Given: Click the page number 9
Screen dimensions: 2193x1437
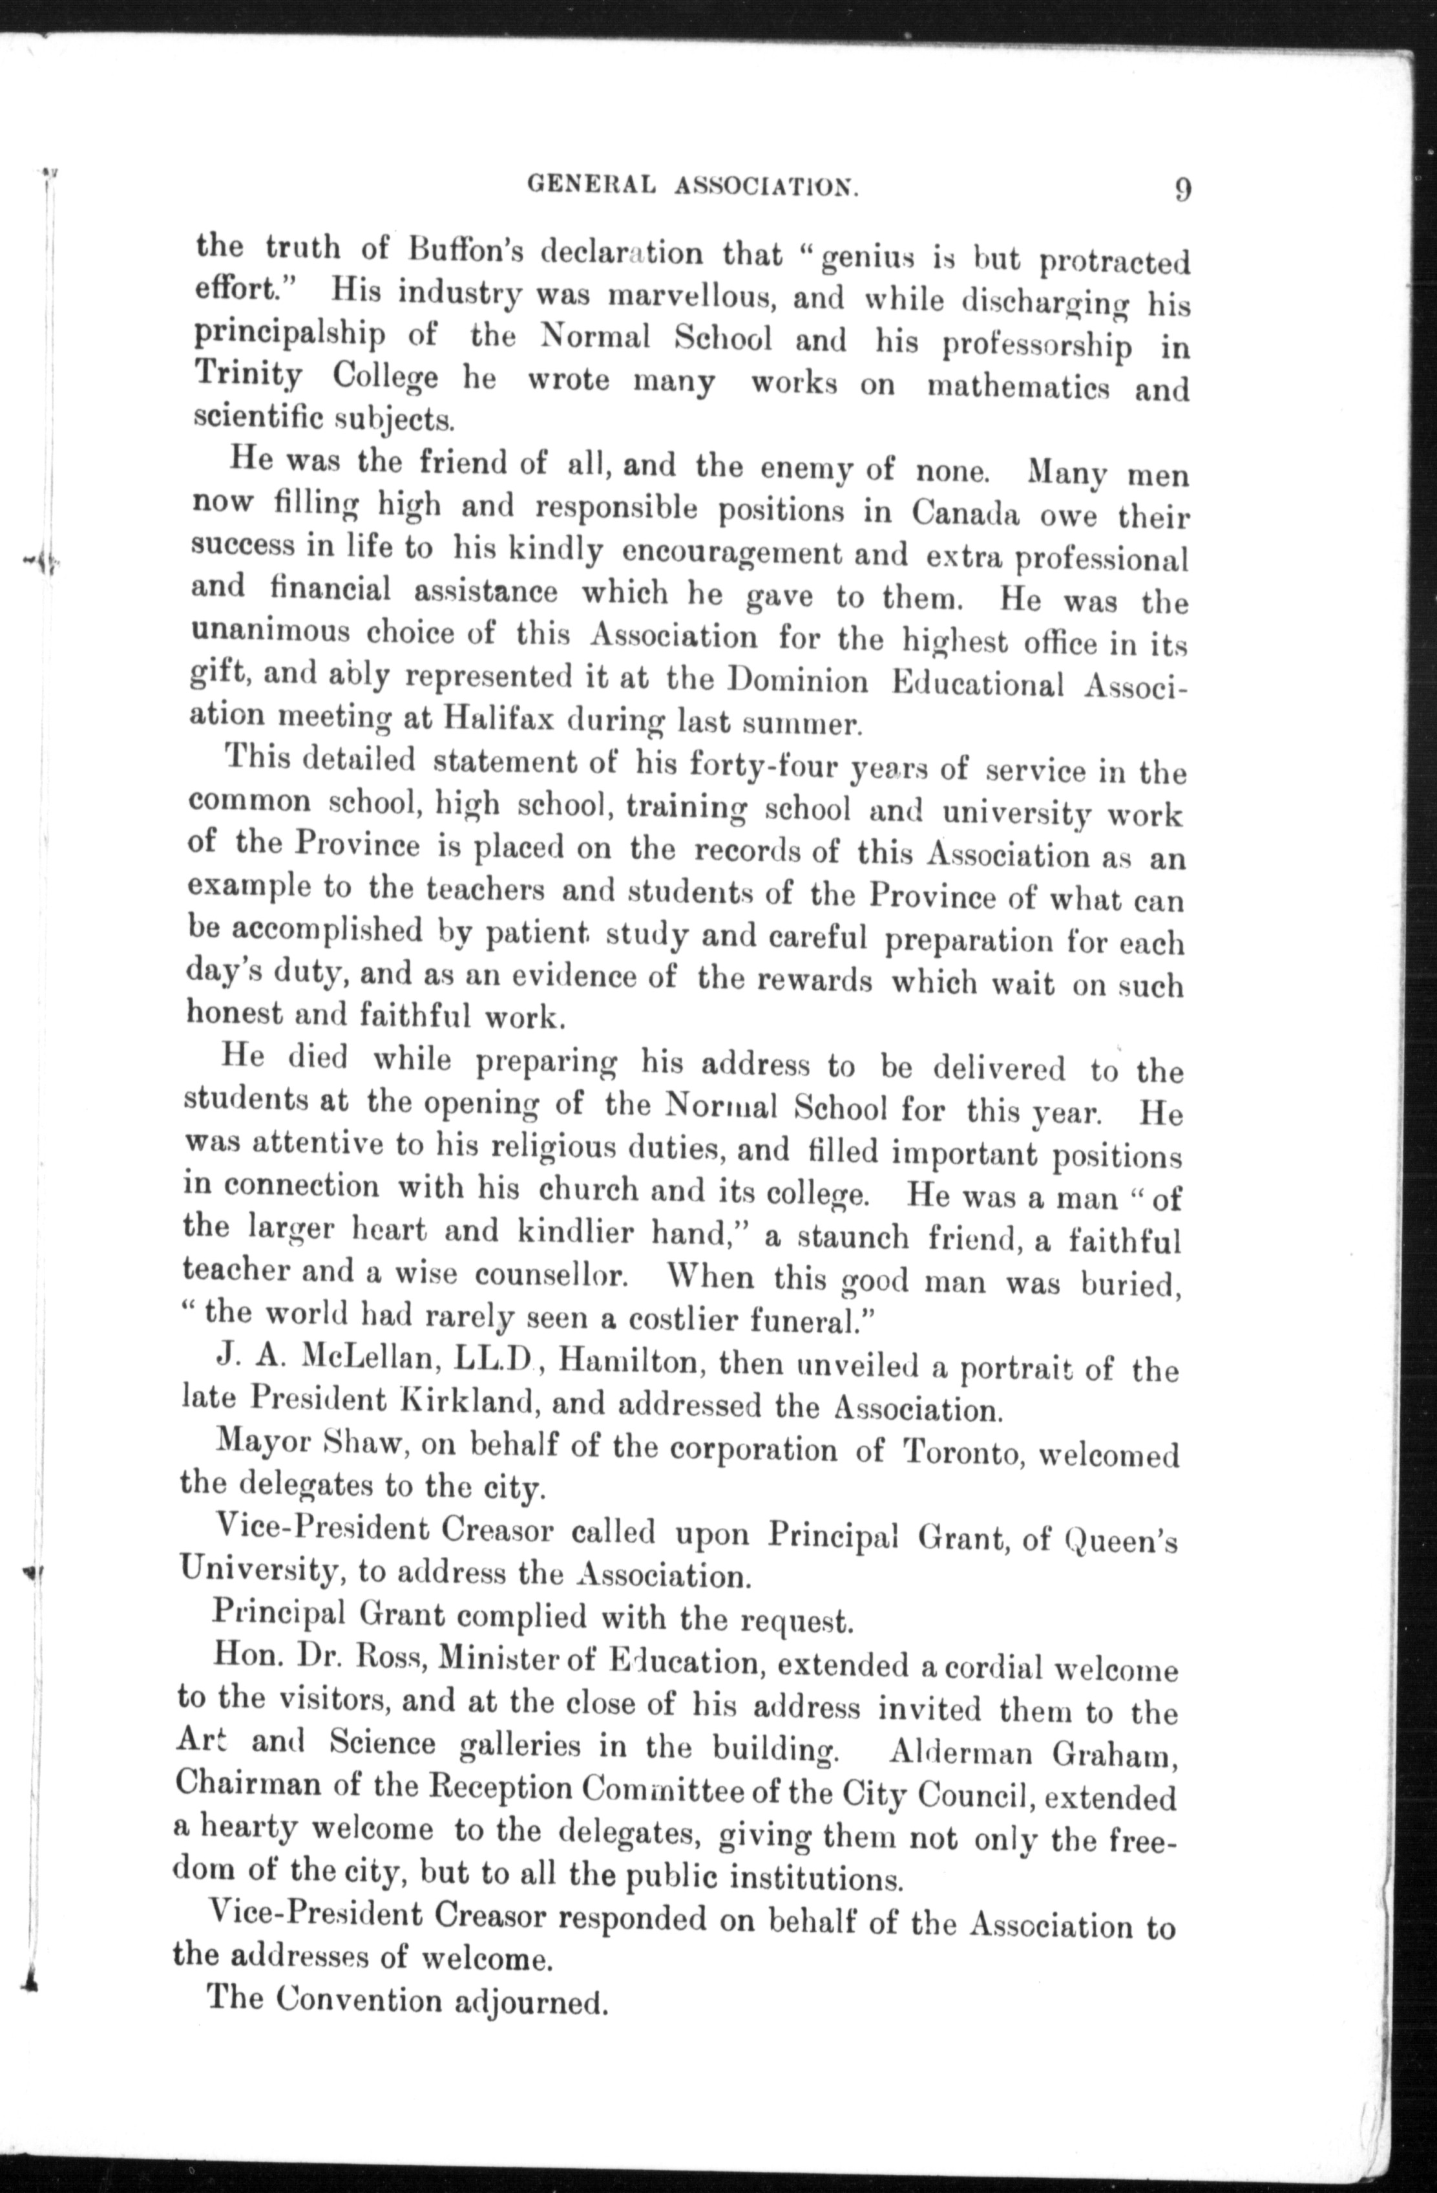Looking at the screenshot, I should click(1183, 191).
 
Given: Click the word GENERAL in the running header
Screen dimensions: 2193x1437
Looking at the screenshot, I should click(591, 184).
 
